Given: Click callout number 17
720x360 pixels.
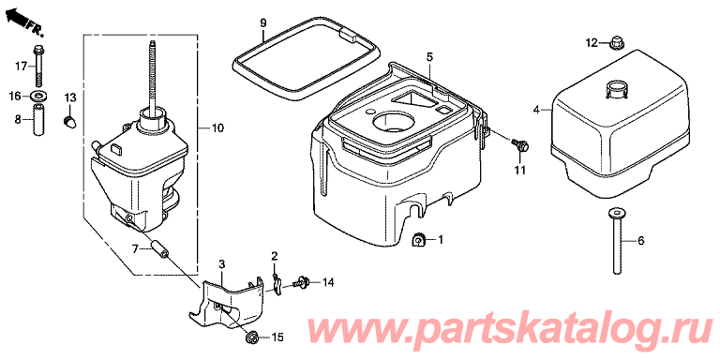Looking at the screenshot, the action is pyautogui.click(x=21, y=67).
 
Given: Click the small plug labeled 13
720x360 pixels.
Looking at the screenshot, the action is pyautogui.click(x=69, y=122).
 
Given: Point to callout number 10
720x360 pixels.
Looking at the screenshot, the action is pyautogui.click(x=217, y=128).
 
